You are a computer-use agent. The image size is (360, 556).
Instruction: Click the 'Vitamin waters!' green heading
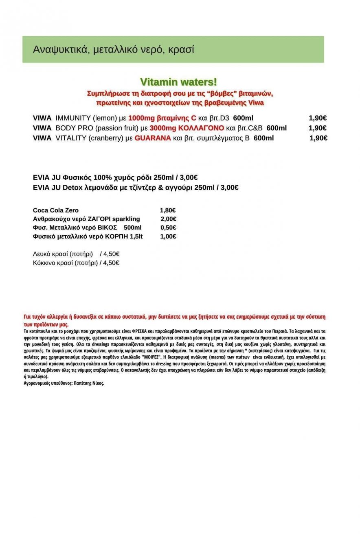pyautogui.click(x=178, y=82)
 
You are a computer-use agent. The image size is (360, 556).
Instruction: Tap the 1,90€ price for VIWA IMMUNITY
pyautogui.click(x=317, y=118)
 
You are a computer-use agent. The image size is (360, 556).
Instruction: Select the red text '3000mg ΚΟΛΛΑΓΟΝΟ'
pyautogui.click(x=187, y=128)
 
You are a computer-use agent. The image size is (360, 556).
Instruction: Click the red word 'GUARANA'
pyautogui.click(x=152, y=138)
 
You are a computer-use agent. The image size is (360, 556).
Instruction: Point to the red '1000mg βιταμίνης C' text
pyautogui.click(x=162, y=118)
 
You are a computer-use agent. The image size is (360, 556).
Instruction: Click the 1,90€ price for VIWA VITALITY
pyautogui.click(x=318, y=138)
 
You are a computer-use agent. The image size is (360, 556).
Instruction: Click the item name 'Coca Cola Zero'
pyautogui.click(x=55, y=210)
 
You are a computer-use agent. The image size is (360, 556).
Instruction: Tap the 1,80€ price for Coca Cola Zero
pyautogui.click(x=167, y=210)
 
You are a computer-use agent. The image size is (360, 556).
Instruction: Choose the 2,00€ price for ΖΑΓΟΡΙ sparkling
pyautogui.click(x=168, y=219)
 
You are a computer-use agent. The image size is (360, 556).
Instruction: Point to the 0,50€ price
pyautogui.click(x=168, y=228)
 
